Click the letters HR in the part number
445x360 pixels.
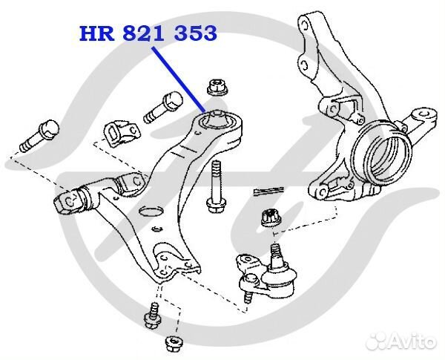point(94,33)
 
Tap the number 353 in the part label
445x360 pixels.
point(194,33)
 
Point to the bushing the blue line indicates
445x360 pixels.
point(220,119)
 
